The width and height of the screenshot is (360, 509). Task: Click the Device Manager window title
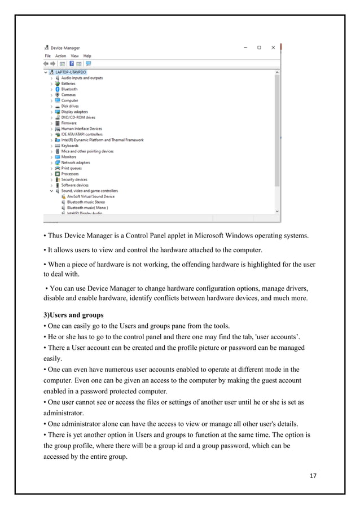click(65, 48)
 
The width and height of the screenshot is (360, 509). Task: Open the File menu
click(48, 56)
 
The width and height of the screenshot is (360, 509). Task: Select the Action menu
click(60, 56)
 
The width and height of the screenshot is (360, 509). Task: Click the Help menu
click(87, 56)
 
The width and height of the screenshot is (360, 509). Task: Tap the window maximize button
click(259, 47)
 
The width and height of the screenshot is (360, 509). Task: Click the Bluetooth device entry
click(69, 89)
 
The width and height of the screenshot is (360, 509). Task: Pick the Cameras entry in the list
click(68, 95)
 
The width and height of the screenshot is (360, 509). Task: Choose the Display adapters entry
click(74, 112)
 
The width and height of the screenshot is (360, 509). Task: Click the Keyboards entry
click(69, 146)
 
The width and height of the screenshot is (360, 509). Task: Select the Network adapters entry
click(75, 163)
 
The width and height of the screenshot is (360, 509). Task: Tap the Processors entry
click(70, 174)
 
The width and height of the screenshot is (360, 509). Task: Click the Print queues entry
click(71, 168)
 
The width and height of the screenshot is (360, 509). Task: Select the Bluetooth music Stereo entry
click(86, 202)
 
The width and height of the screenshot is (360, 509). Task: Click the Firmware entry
click(69, 123)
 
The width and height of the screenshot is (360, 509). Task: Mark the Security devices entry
click(74, 179)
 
